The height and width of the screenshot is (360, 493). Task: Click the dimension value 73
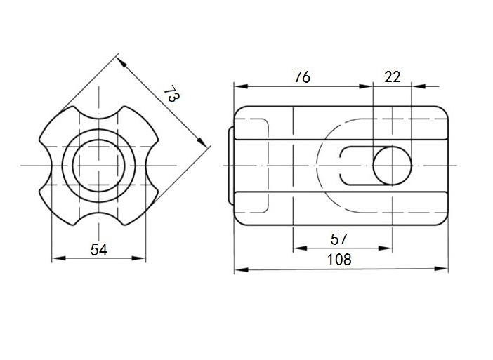point(171,93)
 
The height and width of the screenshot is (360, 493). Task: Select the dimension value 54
point(99,250)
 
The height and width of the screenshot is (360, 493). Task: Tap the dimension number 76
point(302,77)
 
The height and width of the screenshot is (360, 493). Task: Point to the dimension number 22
point(392,77)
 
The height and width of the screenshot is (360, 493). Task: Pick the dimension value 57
point(338,239)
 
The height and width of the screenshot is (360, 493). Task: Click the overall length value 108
point(339,260)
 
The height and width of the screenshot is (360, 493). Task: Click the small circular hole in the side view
point(392,166)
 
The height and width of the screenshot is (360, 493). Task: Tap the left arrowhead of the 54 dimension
point(58,258)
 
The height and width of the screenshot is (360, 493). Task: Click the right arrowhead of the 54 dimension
point(138,258)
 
